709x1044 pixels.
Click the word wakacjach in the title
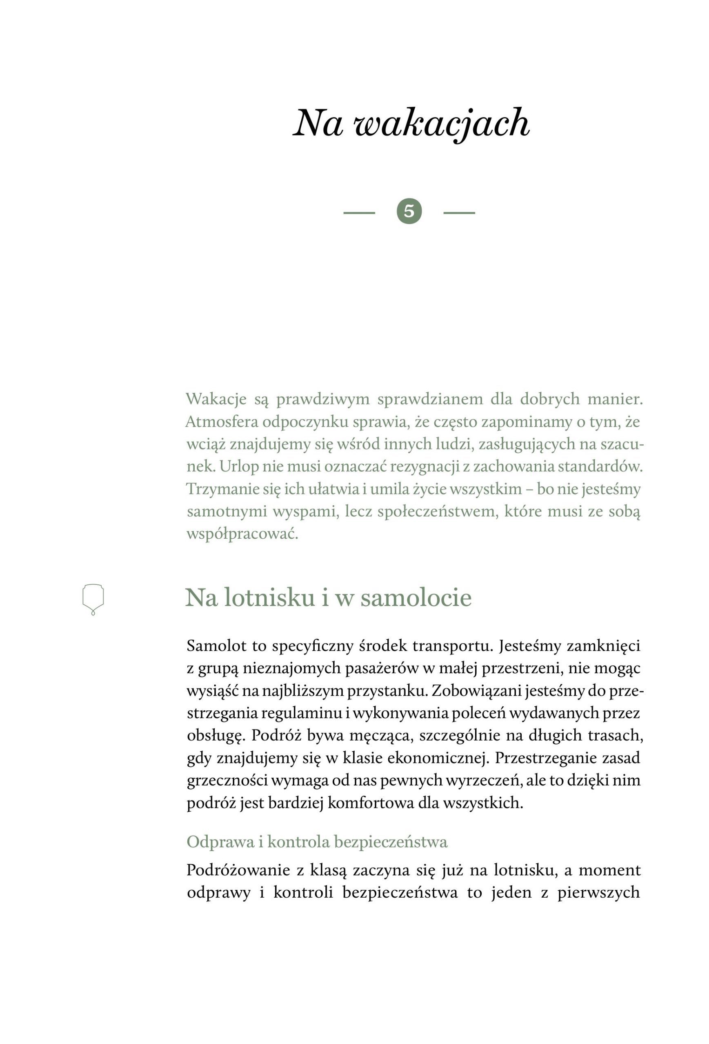pos(442,124)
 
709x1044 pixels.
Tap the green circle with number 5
pos(409,211)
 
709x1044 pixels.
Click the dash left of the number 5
pos(359,212)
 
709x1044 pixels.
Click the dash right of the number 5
pos(459,212)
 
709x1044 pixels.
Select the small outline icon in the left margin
pos(93,599)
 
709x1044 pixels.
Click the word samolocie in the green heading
pos(416,598)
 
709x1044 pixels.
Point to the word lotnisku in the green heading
pos(269,598)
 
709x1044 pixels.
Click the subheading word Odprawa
pos(220,841)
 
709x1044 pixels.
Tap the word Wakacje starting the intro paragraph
pos(216,399)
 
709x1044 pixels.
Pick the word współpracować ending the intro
pos(242,534)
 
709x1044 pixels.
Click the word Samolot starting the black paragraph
pos(216,646)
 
